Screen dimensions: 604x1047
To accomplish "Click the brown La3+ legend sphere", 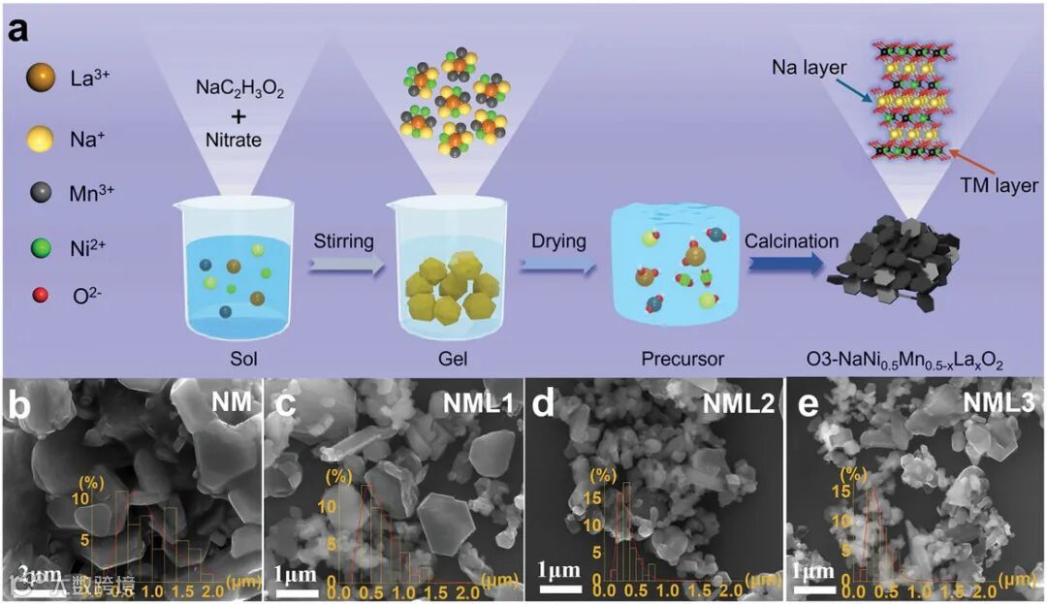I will (41, 75).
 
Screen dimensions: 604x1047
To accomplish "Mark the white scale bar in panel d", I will (560, 586).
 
